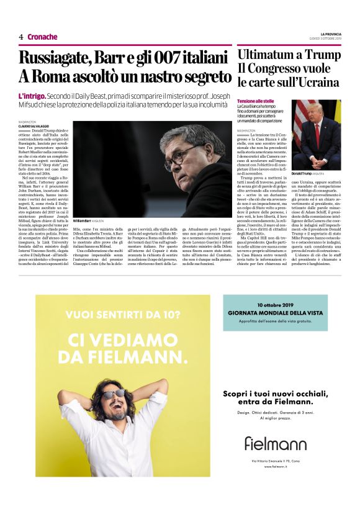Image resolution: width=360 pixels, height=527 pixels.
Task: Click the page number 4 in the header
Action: (x=21, y=37)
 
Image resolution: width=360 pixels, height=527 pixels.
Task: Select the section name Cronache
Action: (x=42, y=37)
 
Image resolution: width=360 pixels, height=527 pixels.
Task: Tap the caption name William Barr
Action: (x=83, y=221)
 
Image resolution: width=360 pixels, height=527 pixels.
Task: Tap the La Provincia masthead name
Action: (x=330, y=34)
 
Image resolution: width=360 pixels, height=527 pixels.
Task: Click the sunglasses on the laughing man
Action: (x=114, y=394)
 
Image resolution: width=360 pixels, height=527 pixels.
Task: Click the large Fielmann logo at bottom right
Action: (x=275, y=443)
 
